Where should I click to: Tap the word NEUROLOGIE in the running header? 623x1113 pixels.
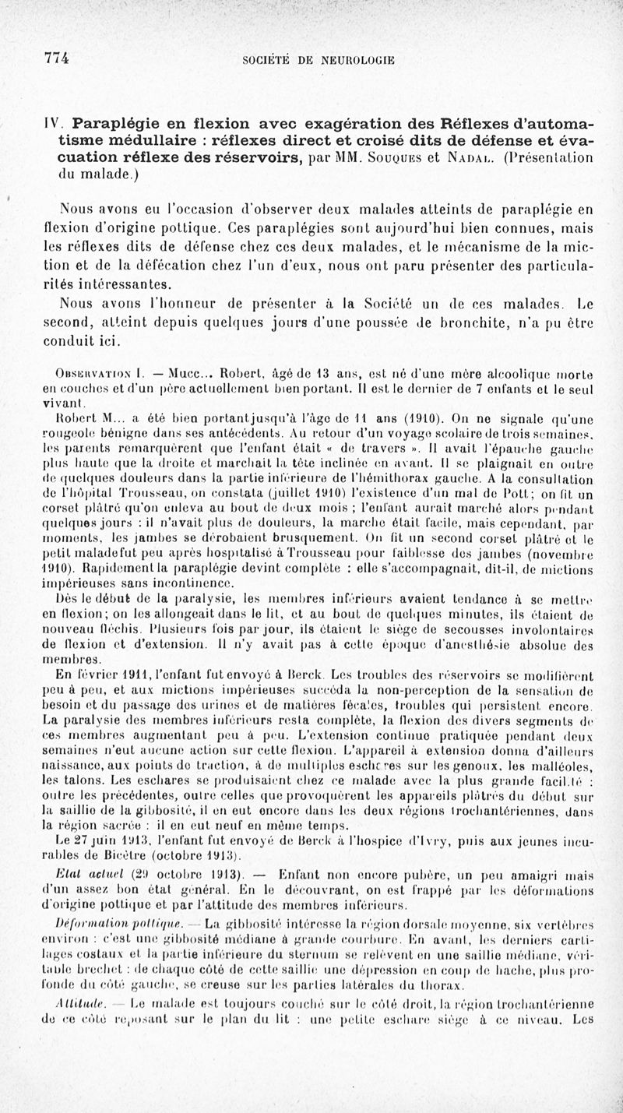357,59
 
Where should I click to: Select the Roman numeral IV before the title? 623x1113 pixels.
51,125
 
